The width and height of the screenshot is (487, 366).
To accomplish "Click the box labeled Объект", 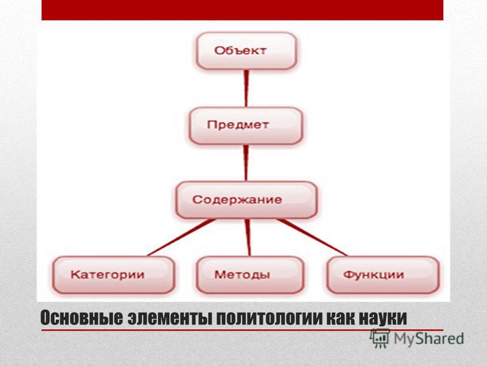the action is (247, 51).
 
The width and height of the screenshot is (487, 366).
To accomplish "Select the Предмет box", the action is (246, 126).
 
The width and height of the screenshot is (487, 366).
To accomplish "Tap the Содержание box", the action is (247, 200).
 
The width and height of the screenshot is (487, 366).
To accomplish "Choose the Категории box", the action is (114, 275).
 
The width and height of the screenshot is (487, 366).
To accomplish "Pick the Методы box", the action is (250, 275).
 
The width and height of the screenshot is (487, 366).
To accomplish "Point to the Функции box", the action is (383, 275).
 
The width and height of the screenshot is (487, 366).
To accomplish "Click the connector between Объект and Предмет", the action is (247, 88).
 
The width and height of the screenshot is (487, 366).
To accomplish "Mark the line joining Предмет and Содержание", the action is (246, 163).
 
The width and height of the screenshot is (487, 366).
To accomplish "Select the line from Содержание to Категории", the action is (181, 237).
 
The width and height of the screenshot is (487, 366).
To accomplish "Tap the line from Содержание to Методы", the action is (248, 237).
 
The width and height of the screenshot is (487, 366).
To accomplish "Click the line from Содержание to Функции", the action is (312, 237).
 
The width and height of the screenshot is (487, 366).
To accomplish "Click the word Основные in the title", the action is (82, 318).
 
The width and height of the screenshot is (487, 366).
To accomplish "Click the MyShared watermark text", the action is (429, 339).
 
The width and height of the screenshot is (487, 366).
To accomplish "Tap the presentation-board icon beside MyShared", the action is (380, 339).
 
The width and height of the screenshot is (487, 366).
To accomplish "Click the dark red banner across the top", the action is (242, 10).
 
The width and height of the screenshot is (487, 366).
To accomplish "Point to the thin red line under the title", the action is (242, 330).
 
